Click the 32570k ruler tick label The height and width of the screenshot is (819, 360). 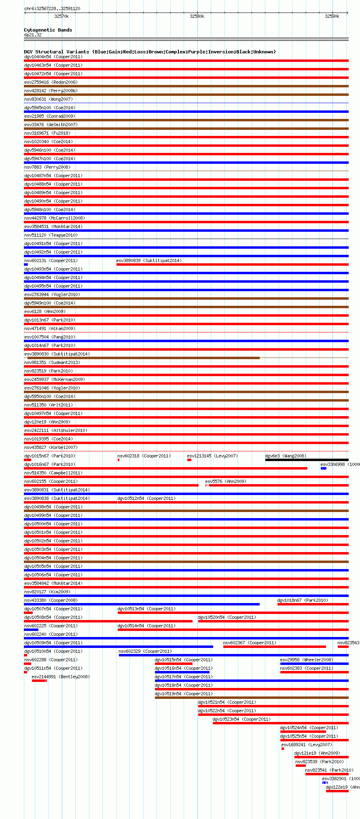(x=61, y=16)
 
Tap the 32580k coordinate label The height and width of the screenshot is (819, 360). (x=197, y=16)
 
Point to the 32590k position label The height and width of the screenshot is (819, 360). (x=332, y=16)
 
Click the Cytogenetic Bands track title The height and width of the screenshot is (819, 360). (x=48, y=30)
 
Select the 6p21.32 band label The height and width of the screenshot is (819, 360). (x=33, y=35)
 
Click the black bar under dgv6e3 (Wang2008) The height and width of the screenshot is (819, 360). (x=307, y=460)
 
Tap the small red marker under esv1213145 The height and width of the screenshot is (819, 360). (x=189, y=460)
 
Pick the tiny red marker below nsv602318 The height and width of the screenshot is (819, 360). (x=119, y=460)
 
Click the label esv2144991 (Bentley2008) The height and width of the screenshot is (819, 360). (x=61, y=677)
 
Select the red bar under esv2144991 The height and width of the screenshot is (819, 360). (x=39, y=681)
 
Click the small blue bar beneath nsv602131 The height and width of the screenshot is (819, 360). (x=26, y=265)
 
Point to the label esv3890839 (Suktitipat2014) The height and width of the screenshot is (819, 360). (x=149, y=260)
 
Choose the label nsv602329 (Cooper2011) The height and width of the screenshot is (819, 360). (x=145, y=651)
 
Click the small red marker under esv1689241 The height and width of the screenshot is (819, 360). (x=283, y=749)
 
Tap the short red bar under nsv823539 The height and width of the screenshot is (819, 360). (x=301, y=766)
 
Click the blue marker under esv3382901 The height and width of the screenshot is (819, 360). (x=325, y=783)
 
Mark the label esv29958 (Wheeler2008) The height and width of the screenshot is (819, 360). (x=307, y=660)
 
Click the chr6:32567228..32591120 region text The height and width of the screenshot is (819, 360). (x=52, y=8)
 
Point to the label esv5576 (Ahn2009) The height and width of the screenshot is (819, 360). (x=226, y=481)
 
